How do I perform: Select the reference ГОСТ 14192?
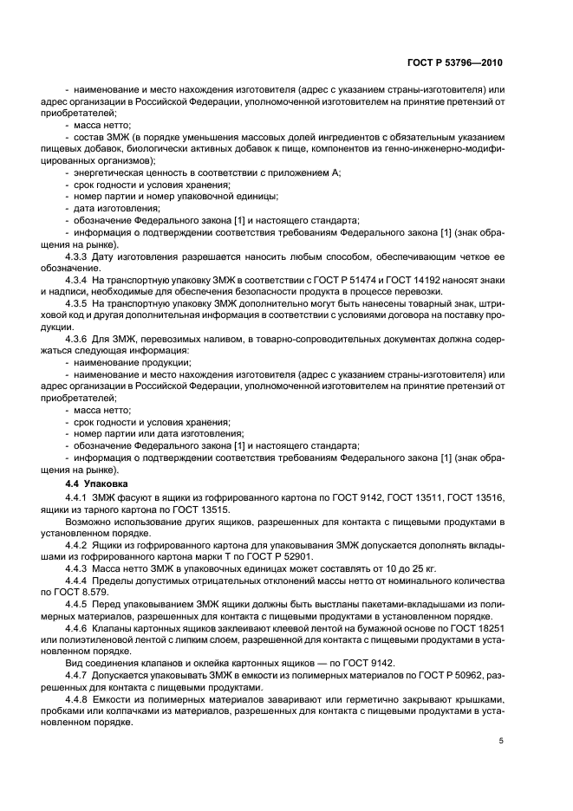click(391, 281)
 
